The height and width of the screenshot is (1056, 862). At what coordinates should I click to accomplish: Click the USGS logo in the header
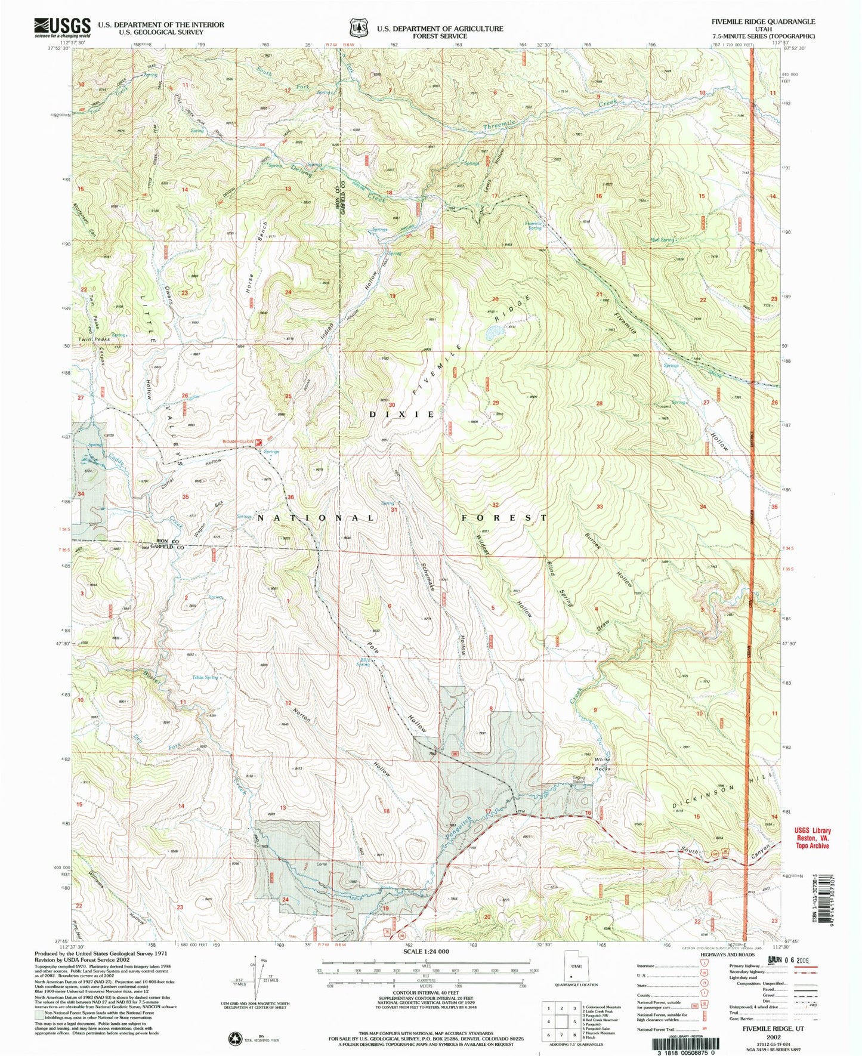click(x=62, y=26)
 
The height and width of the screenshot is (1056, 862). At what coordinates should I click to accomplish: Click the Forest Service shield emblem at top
click(x=358, y=28)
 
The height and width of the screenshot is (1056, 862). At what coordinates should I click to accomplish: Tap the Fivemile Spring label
click(x=533, y=226)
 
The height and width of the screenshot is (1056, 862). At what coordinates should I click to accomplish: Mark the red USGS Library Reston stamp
click(x=811, y=838)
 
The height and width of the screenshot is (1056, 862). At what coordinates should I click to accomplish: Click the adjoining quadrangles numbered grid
click(x=560, y=1021)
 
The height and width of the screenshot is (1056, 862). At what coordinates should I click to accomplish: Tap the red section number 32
click(x=495, y=505)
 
